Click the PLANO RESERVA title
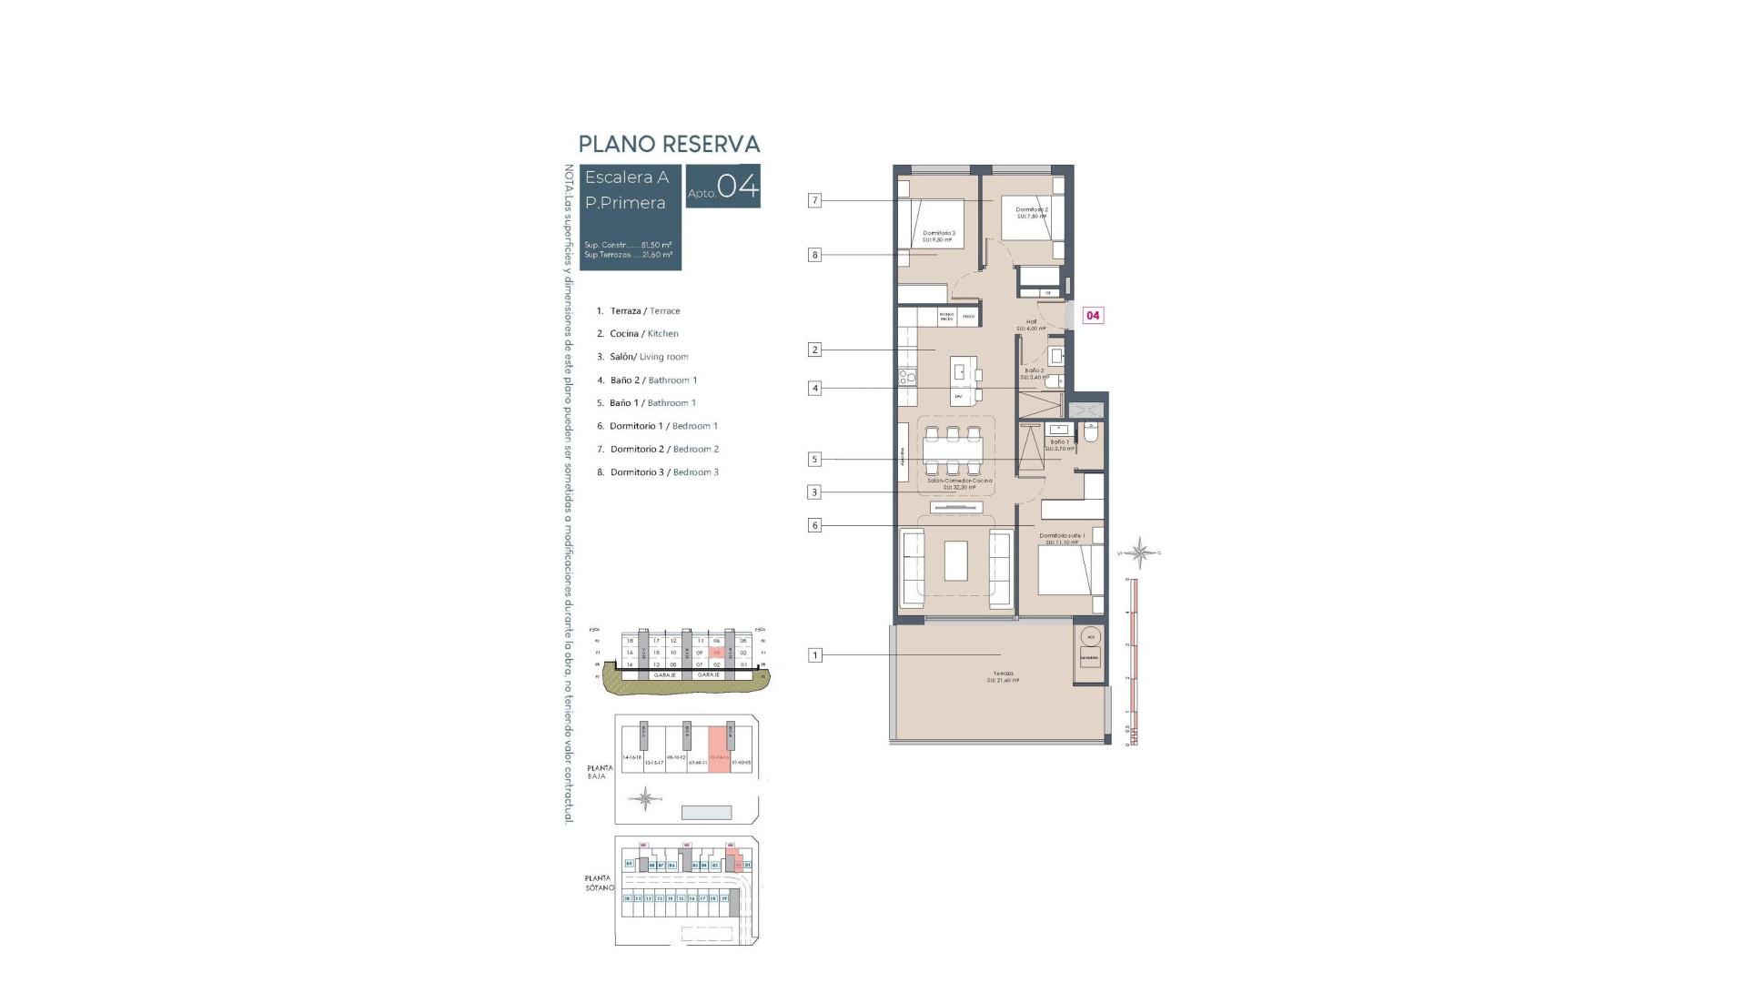[x=669, y=144]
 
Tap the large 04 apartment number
[x=737, y=187]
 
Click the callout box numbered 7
[x=814, y=200]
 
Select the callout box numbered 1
[x=814, y=654]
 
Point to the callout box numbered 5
[x=814, y=460]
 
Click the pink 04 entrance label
[x=1093, y=316]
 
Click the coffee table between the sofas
[x=955, y=561]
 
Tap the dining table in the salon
[x=953, y=451]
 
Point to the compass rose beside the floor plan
[x=1139, y=552]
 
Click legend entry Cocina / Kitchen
[x=643, y=334]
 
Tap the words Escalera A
[x=626, y=177]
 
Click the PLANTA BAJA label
[x=600, y=772]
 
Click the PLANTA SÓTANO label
[x=599, y=883]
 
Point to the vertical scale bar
[x=1132, y=662]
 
